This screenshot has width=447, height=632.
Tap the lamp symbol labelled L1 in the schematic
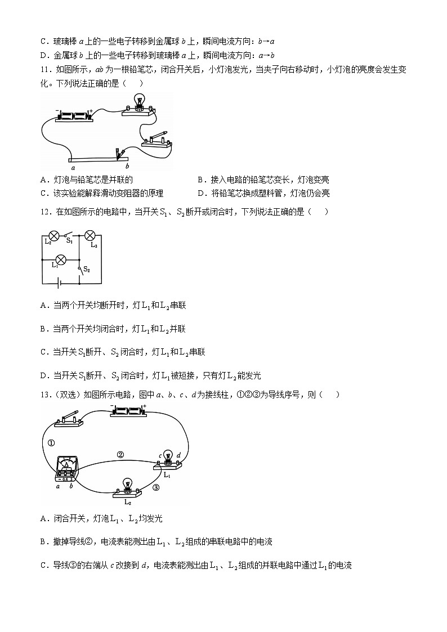point(62,260)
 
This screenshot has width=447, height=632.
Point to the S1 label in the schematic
point(70,241)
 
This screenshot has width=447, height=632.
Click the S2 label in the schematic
point(87,270)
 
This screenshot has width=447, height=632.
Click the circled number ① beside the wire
point(52,443)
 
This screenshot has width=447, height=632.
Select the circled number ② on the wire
point(120,455)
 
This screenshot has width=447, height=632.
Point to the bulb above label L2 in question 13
point(128,485)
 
